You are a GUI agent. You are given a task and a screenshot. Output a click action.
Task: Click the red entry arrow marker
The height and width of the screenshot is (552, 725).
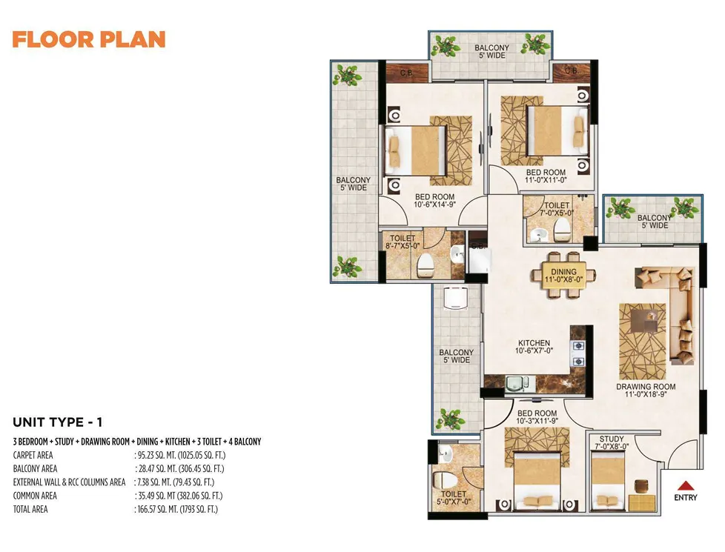(x=686, y=485)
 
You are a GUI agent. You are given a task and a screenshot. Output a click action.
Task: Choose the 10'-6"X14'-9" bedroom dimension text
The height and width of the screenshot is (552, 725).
(x=434, y=204)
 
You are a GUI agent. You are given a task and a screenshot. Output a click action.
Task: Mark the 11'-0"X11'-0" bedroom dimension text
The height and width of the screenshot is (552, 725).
(x=546, y=180)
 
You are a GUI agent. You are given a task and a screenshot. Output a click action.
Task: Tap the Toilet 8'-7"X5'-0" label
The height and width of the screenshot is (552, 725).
(x=403, y=242)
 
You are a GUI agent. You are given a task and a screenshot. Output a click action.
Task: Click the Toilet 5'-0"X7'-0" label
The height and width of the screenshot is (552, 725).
(x=454, y=497)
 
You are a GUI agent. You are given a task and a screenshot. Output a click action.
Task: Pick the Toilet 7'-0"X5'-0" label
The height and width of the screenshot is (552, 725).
(x=557, y=209)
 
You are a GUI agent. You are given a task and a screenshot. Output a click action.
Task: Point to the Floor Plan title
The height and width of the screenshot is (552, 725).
(x=89, y=40)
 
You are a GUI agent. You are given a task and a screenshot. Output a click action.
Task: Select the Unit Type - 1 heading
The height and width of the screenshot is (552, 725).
(x=58, y=422)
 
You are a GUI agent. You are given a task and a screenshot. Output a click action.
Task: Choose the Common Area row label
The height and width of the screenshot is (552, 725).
(x=35, y=496)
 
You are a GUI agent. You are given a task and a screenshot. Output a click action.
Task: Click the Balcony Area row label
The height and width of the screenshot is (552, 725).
(x=35, y=469)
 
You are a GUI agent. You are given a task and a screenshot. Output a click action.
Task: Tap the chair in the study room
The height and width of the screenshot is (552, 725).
(x=641, y=487)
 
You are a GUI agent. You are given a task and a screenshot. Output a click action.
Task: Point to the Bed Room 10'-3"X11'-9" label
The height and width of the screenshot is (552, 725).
(x=537, y=417)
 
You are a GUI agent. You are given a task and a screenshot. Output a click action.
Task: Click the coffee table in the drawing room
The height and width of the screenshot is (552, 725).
(x=644, y=319)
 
